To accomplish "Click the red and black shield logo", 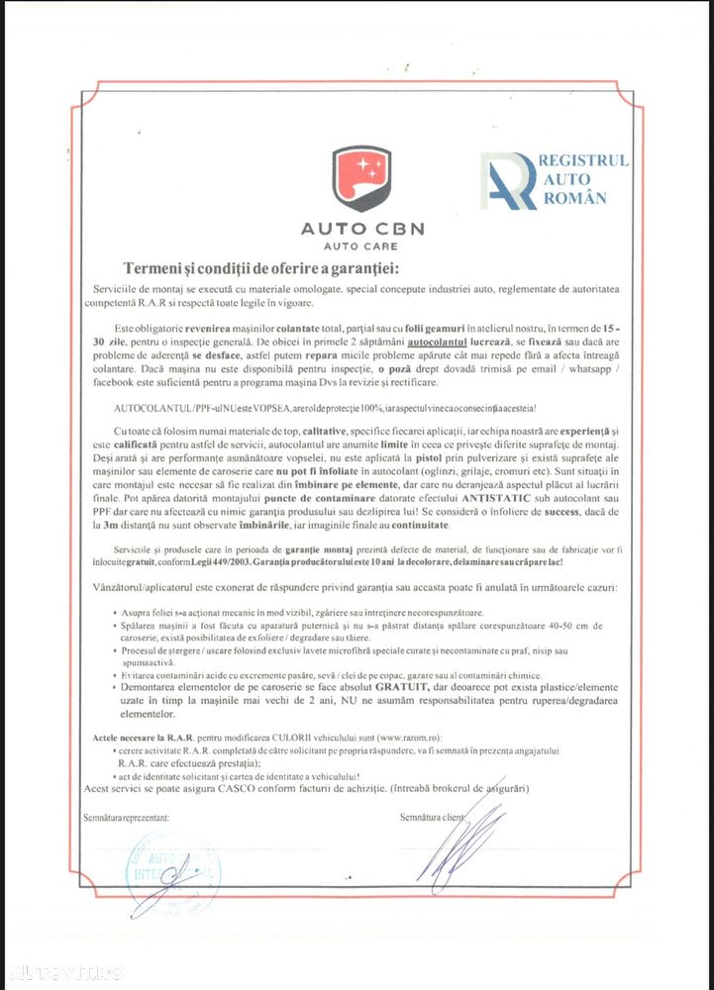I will pyautogui.click(x=362, y=179).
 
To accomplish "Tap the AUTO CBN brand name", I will pyautogui.click(x=362, y=229).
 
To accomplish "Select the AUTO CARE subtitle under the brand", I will pyautogui.click(x=362, y=246).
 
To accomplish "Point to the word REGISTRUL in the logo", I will pyautogui.click(x=585, y=160).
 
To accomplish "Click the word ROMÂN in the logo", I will pyautogui.click(x=575, y=198).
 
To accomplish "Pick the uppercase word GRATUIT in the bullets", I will pyautogui.click(x=408, y=683).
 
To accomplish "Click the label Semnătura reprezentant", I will pyautogui.click(x=126, y=818).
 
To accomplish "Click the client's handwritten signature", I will pyautogui.click(x=465, y=841).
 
